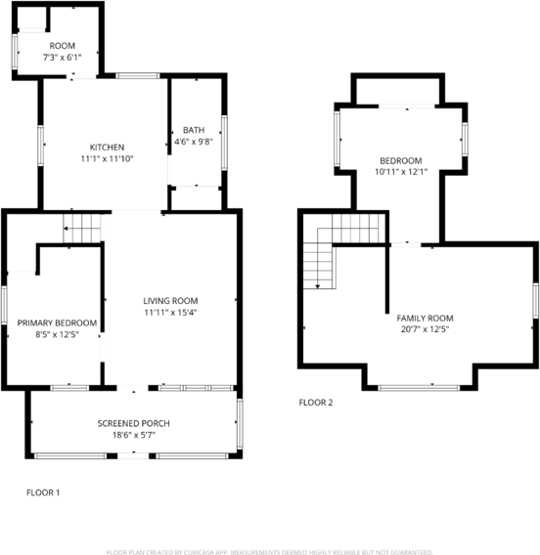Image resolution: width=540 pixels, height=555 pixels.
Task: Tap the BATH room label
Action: click(x=193, y=130)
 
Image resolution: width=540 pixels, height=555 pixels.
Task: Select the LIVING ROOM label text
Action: click(x=170, y=301)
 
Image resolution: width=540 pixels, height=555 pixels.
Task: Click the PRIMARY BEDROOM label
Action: click(x=56, y=323)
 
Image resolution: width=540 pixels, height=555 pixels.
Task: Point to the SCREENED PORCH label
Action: click(x=133, y=423)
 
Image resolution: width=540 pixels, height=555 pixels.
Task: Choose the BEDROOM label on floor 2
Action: click(x=401, y=160)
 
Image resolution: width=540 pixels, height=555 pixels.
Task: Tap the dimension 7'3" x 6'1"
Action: click(x=63, y=58)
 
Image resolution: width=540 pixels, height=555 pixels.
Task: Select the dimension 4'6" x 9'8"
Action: click(x=193, y=142)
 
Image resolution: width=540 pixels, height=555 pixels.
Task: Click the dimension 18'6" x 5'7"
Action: click(x=133, y=435)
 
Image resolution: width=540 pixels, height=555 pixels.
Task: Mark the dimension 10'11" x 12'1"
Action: click(x=401, y=172)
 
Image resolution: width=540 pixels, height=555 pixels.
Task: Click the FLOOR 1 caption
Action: click(x=43, y=492)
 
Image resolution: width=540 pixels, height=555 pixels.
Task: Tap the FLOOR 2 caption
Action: click(x=316, y=402)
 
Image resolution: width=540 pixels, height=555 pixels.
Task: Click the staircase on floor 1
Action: click(x=82, y=229)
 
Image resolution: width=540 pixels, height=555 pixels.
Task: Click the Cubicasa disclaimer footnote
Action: click(x=270, y=551)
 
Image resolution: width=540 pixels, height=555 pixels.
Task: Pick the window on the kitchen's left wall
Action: click(x=40, y=144)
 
